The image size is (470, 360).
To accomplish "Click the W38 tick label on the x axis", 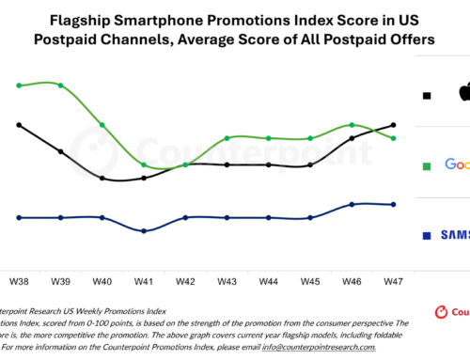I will pos(19,280).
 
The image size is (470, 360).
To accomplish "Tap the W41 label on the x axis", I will pos(144,280).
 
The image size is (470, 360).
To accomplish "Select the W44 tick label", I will pos(269,280).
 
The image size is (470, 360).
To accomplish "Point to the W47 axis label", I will pos(393,280).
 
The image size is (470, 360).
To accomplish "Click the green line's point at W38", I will pos(19,86).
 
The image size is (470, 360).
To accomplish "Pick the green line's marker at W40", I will pos(102,125).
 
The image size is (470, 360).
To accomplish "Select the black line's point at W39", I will pos(61,151).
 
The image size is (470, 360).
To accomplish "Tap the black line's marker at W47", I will pos(393,124).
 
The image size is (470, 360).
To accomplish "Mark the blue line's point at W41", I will pos(144,230).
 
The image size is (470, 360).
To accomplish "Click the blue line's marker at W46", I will pos(352,204).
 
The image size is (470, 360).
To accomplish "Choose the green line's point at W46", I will pos(352,124).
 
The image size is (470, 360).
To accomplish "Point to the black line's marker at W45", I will pos(310,164).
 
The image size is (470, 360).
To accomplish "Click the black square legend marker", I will pos(428,96).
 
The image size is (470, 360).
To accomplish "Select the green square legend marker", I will pos(428,165).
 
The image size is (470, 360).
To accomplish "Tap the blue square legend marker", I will pos(428,235).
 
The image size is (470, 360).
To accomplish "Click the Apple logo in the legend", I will pos(462,93).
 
